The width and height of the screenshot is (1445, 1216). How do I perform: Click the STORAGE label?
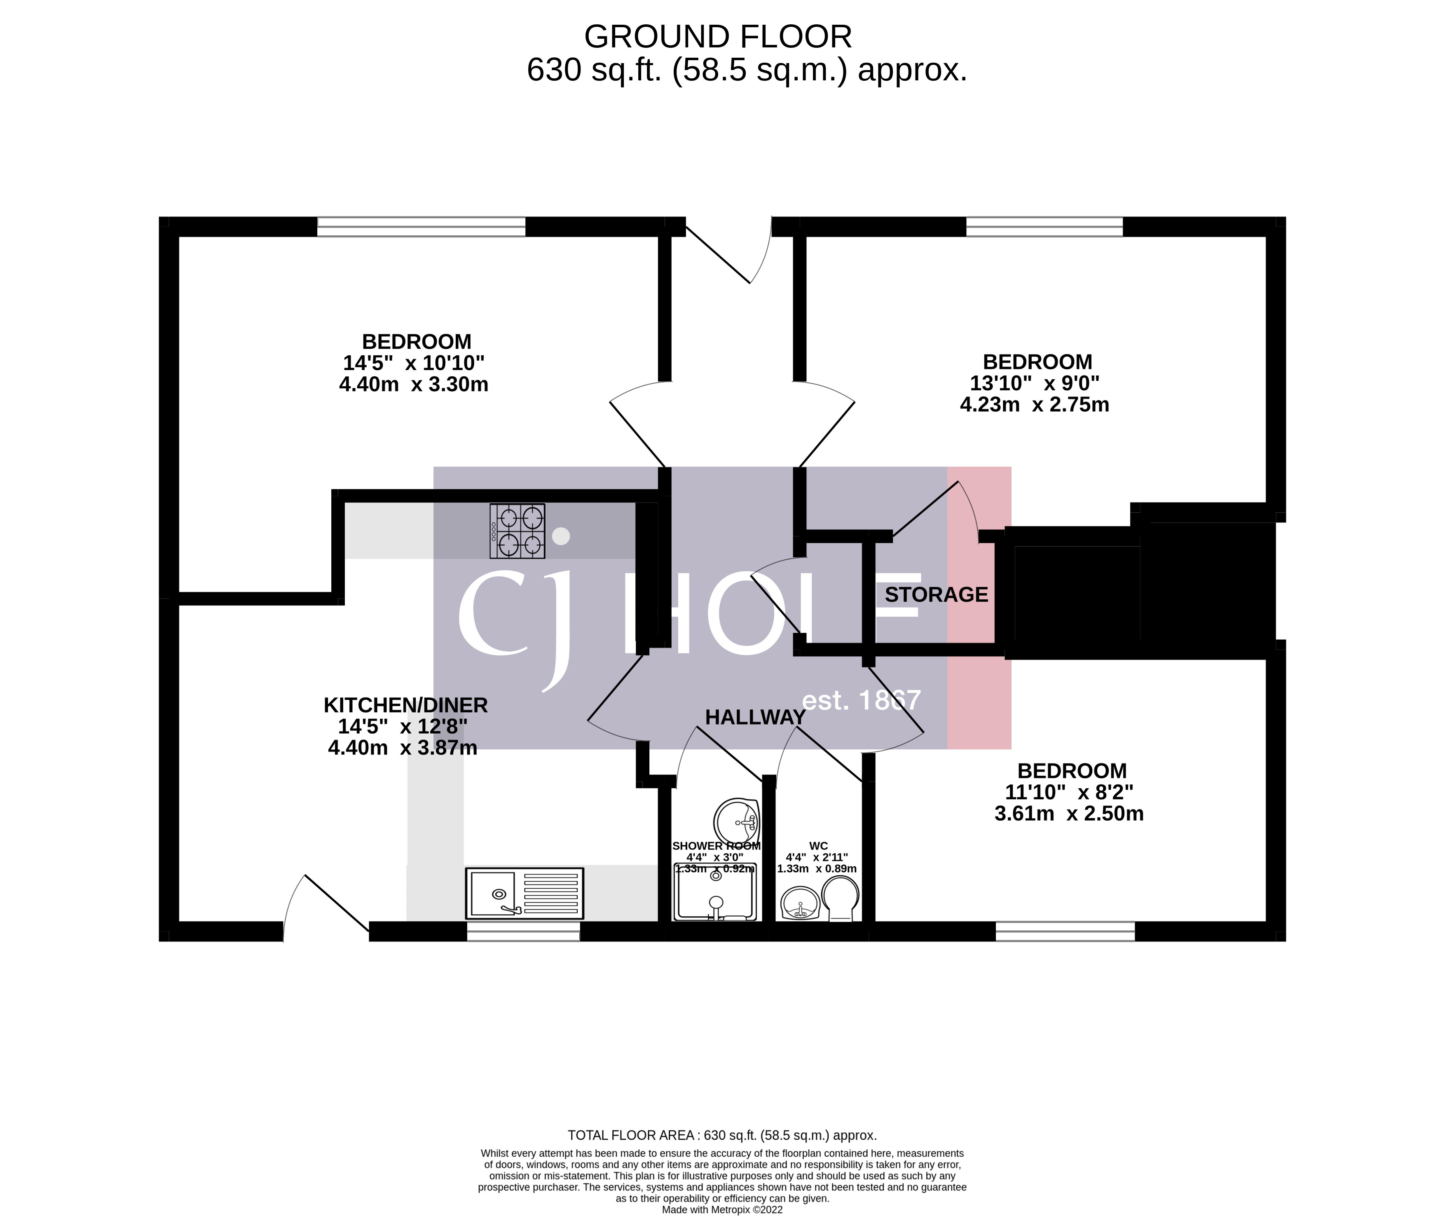click(x=936, y=594)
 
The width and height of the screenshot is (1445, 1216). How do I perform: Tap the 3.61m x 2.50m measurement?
click(x=1069, y=813)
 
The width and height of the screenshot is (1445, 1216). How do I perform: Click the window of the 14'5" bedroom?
click(x=421, y=227)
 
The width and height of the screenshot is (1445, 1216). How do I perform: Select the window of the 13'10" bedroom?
click(x=1044, y=227)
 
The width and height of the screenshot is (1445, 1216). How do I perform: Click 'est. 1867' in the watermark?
click(x=861, y=700)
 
